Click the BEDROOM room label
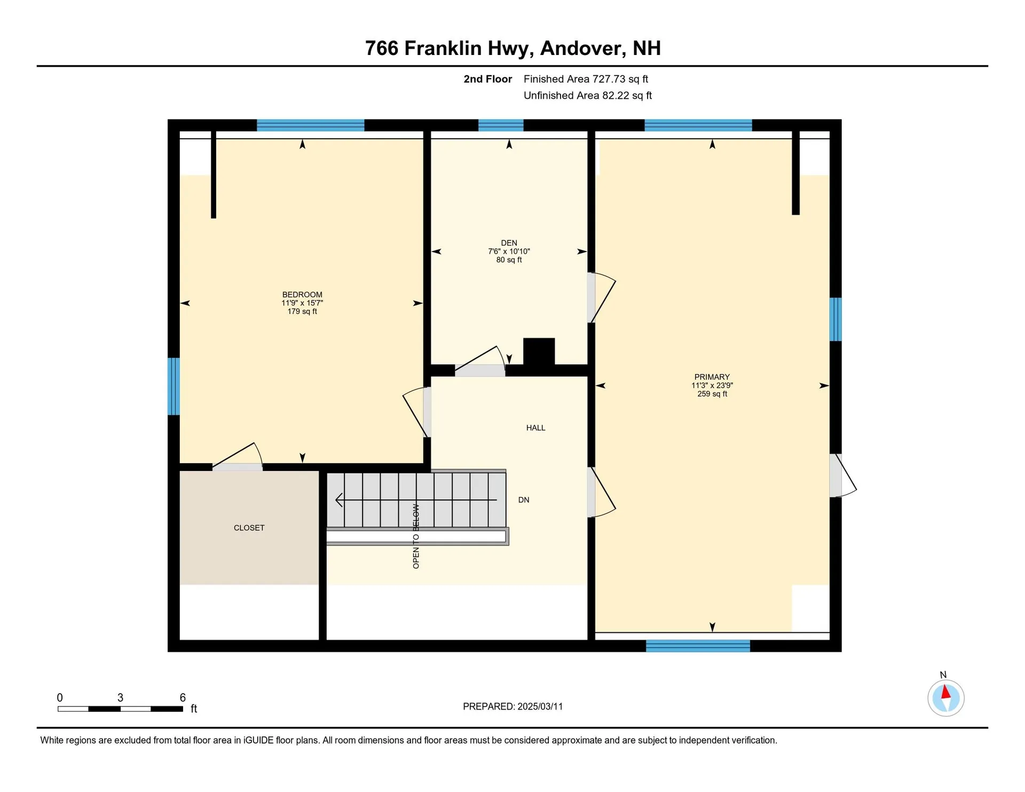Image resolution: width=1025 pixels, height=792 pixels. [302, 295]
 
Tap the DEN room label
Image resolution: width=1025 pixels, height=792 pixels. [509, 243]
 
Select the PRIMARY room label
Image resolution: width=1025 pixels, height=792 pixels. [712, 377]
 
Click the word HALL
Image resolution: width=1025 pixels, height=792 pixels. [535, 428]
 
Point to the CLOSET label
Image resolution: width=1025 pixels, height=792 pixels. [249, 528]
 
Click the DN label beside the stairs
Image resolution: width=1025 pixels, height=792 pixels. [523, 500]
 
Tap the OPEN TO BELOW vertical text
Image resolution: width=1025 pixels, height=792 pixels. [416, 536]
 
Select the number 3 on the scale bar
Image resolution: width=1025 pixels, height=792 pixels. [120, 697]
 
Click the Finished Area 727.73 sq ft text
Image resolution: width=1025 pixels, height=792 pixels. [586, 79]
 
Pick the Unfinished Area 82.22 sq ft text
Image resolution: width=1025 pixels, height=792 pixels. [587, 96]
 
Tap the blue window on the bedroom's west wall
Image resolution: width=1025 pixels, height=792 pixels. [174, 386]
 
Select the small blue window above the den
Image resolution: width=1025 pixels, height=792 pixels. [500, 126]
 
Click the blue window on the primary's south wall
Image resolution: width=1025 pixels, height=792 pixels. [698, 646]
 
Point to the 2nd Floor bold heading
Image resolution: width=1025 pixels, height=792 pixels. [487, 79]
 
